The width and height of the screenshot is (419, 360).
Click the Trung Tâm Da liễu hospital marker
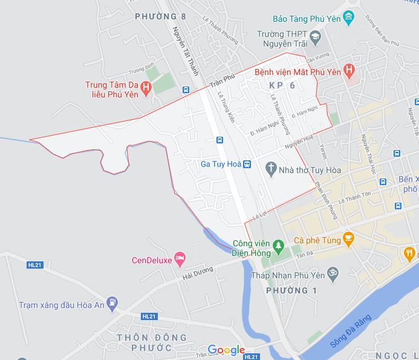146,90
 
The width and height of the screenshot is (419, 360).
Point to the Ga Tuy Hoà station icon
247,164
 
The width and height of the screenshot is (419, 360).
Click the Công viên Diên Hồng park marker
278,246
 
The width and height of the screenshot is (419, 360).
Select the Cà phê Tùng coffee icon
348,239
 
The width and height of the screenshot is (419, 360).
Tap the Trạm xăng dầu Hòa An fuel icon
112,301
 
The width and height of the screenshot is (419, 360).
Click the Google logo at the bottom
226,350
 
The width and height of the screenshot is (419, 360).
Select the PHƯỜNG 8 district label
157,16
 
